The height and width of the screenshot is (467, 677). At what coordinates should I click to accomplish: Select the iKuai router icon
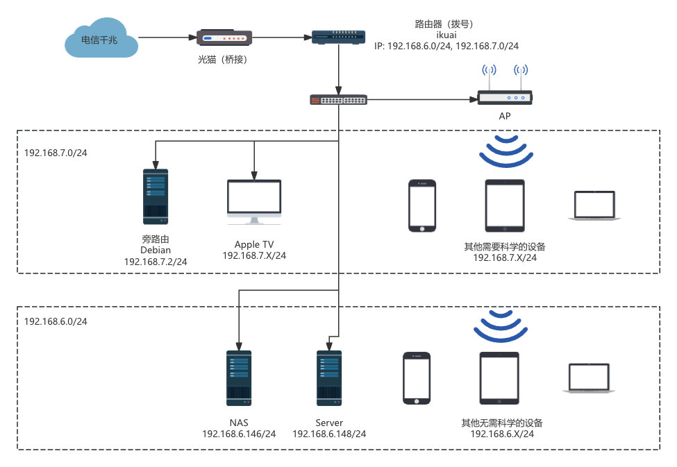pos(339,37)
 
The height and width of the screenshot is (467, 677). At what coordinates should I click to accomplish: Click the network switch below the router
pos(338,100)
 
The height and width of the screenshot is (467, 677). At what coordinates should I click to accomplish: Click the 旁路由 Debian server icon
pos(156,196)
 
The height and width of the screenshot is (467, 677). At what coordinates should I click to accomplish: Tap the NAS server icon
pos(239,378)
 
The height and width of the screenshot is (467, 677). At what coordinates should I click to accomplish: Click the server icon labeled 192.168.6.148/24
pos(329,378)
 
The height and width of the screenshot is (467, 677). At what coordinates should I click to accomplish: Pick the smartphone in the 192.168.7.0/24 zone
pos(421,205)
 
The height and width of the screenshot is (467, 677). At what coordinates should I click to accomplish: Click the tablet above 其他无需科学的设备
pos(499,377)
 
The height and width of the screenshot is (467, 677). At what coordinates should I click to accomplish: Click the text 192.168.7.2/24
pos(156,262)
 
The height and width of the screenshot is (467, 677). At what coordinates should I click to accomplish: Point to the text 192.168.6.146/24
pos(239,434)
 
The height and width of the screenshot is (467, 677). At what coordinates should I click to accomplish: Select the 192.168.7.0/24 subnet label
pos(56,153)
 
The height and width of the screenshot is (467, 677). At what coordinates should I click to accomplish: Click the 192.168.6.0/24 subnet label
pos(56,321)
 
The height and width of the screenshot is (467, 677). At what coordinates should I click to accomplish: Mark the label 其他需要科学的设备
pos(505,246)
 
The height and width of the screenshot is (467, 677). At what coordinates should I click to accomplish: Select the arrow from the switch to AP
pos(421,100)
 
